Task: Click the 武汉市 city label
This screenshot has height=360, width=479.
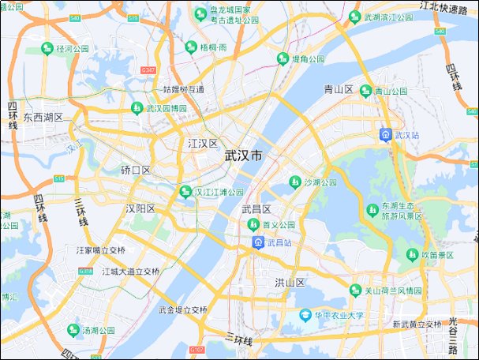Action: pos(244,156)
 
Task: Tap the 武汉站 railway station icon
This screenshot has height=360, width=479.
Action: pos(385,134)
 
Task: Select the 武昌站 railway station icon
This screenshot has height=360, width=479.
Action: pos(258,242)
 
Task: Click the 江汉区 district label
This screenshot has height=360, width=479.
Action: pos(203,144)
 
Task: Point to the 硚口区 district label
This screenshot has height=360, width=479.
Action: pos(136,171)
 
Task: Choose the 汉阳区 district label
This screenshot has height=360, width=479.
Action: pos(140,208)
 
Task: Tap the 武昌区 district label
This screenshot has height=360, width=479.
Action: pos(256,209)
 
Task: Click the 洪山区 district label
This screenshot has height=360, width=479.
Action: pos(290,283)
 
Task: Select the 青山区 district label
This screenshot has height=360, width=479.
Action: pos(339,89)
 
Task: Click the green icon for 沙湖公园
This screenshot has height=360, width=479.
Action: pos(295,182)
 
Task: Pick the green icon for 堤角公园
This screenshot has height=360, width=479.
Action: pos(283,58)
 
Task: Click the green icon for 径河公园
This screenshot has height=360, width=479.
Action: pos(47,48)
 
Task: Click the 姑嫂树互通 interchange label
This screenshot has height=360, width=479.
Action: pos(183,89)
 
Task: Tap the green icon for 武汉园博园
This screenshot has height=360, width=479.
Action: pos(137,107)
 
